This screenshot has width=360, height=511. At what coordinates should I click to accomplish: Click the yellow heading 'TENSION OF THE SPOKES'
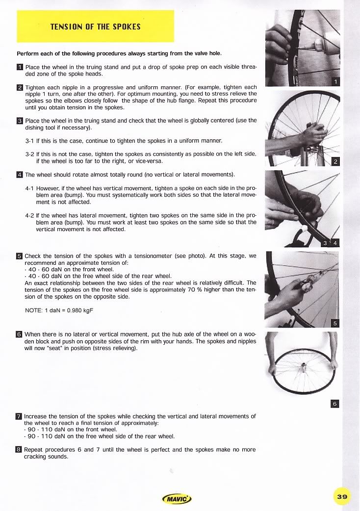[95, 26]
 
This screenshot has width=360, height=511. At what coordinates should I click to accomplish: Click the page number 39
[342, 497]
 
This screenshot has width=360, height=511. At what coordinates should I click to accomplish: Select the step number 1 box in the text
[20, 67]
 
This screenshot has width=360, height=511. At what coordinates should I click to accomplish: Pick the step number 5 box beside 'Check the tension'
[20, 256]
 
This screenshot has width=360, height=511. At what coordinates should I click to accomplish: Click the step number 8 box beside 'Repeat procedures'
[20, 449]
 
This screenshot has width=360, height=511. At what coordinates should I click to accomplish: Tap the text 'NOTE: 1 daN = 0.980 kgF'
[58, 310]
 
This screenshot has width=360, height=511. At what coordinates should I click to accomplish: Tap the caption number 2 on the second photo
[335, 162]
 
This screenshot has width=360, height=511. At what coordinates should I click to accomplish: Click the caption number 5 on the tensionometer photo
[335, 323]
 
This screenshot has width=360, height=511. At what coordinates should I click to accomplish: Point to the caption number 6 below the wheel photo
[335, 404]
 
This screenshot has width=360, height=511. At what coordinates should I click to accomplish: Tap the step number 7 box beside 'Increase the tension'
[20, 416]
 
